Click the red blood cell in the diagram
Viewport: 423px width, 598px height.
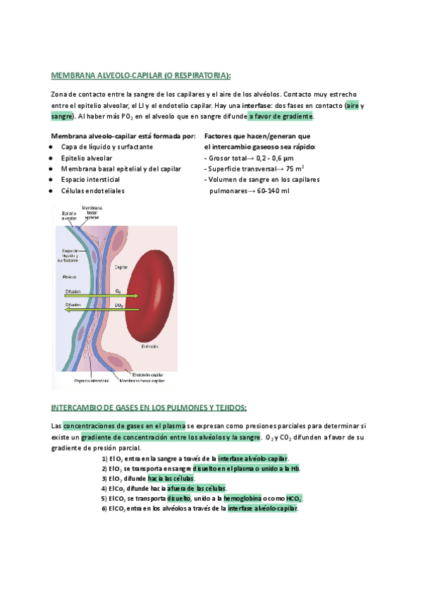[151, 296]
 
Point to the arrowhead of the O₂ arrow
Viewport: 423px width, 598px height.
[137, 296]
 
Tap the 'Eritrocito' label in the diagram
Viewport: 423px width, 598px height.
[149, 346]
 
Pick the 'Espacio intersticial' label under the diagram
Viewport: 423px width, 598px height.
[92, 380]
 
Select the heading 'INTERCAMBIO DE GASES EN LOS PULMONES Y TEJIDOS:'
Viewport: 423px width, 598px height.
[149, 408]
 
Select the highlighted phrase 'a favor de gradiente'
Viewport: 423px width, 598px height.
[281, 116]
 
